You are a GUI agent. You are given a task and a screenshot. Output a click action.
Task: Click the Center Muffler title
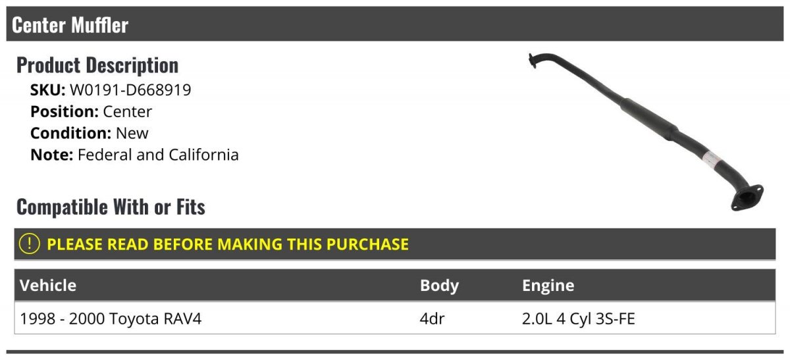coord(70,25)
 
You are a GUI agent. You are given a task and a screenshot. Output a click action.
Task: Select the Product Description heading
coord(97,65)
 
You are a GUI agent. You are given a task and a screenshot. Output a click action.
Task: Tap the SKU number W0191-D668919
coord(130,90)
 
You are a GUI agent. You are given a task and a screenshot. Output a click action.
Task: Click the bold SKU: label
coord(47,90)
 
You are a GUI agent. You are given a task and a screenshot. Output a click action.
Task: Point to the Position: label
coord(65,111)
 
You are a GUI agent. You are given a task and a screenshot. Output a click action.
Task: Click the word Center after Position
coord(127,111)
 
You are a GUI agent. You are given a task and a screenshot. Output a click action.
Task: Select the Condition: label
coord(71,134)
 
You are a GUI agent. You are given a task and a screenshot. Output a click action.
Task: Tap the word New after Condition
coord(132,134)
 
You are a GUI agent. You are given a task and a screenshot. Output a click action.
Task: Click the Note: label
coord(52,155)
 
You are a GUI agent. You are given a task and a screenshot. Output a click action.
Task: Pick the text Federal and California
coord(158,155)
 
